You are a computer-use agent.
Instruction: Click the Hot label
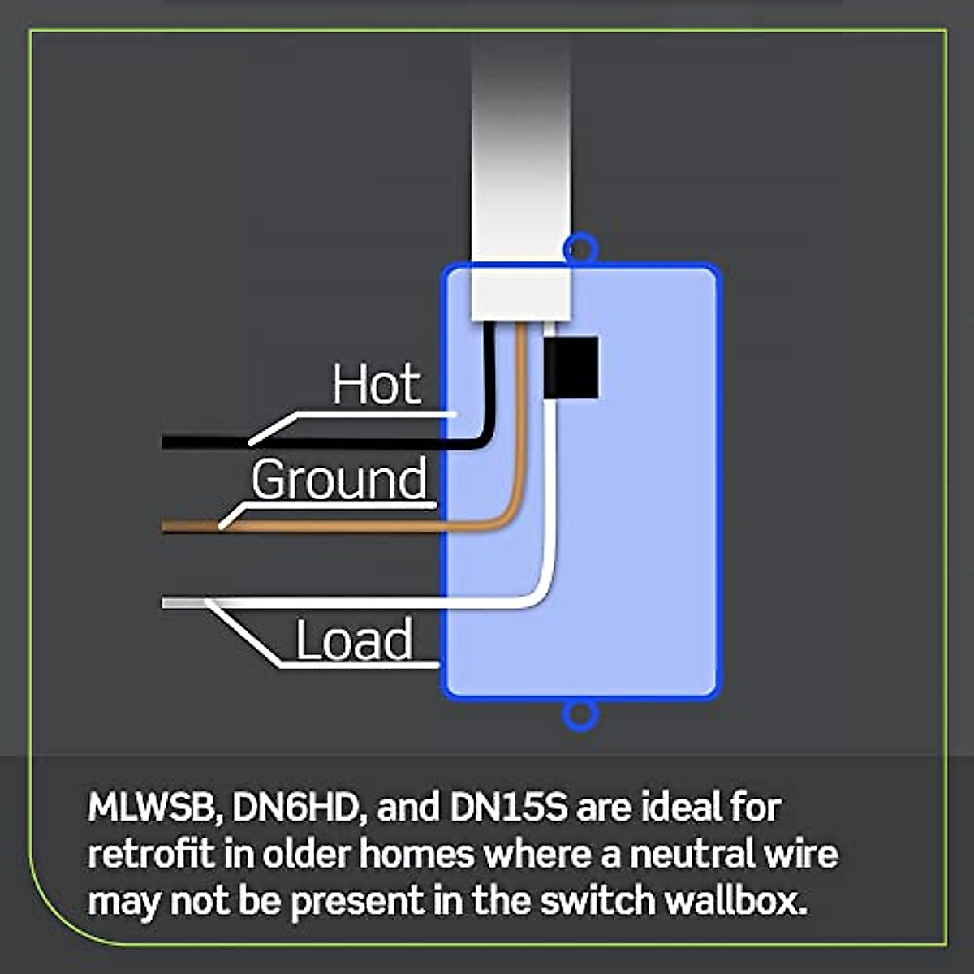click(377, 385)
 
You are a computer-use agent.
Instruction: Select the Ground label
click(339, 480)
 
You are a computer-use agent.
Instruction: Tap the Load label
click(354, 640)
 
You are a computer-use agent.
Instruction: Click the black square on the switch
click(571, 367)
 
